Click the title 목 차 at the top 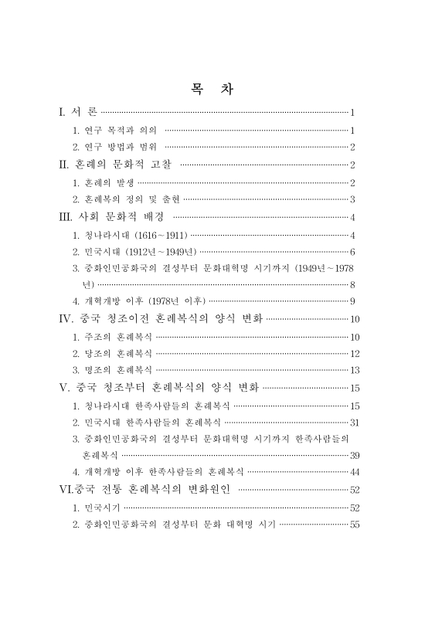212,89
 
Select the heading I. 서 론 76,113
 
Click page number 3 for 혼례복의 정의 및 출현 352,199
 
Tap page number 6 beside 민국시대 352,252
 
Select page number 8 352,286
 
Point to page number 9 352,301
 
